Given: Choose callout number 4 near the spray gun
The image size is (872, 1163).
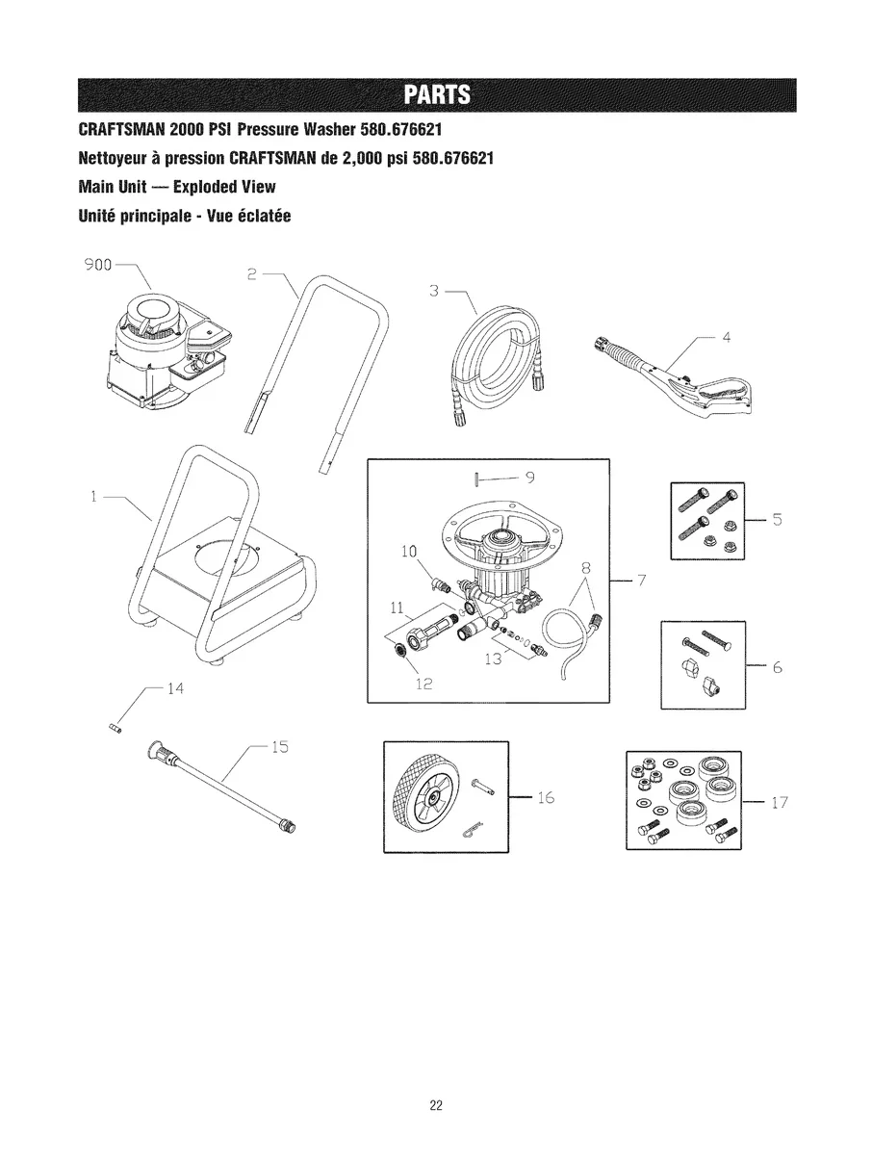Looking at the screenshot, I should coord(728,337).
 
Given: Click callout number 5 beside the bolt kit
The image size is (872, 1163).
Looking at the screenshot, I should coord(779,521).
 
